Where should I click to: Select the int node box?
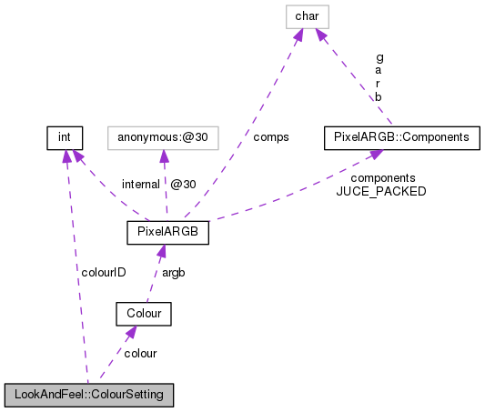(x=65, y=138)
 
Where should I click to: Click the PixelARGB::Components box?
(x=401, y=138)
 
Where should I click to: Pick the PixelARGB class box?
(x=168, y=233)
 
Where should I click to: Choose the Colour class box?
(x=144, y=315)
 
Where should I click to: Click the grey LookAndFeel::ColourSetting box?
(x=88, y=396)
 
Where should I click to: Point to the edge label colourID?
(x=102, y=272)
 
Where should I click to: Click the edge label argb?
(x=175, y=273)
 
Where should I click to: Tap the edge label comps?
(x=272, y=137)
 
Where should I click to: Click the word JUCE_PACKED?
(x=381, y=192)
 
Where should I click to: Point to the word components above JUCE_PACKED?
(x=383, y=178)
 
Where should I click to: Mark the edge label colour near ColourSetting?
(x=140, y=353)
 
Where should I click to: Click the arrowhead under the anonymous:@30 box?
(x=163, y=156)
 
